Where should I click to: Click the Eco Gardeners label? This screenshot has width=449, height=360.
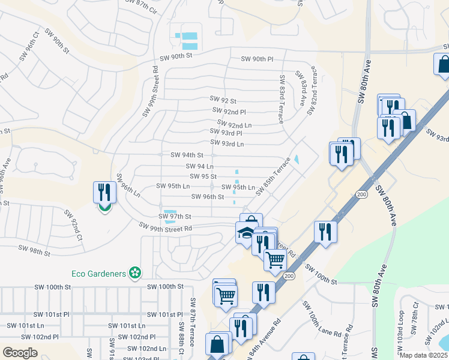[98, 274]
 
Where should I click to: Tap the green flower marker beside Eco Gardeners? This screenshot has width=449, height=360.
[136, 274]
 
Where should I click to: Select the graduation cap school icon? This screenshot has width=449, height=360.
[246, 233]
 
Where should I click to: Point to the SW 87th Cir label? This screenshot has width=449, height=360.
[143, 4]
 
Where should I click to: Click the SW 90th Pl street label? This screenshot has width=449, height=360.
[257, 59]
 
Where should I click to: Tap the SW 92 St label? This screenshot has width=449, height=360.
[223, 100]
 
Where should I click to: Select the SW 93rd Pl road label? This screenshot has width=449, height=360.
[226, 132]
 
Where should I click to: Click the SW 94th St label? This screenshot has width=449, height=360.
[187, 155]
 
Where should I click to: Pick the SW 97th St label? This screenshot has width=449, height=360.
[175, 216]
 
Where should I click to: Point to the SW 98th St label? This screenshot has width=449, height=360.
[34, 250]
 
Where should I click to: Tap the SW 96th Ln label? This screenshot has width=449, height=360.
[128, 186]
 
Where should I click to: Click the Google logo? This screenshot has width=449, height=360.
[20, 352]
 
